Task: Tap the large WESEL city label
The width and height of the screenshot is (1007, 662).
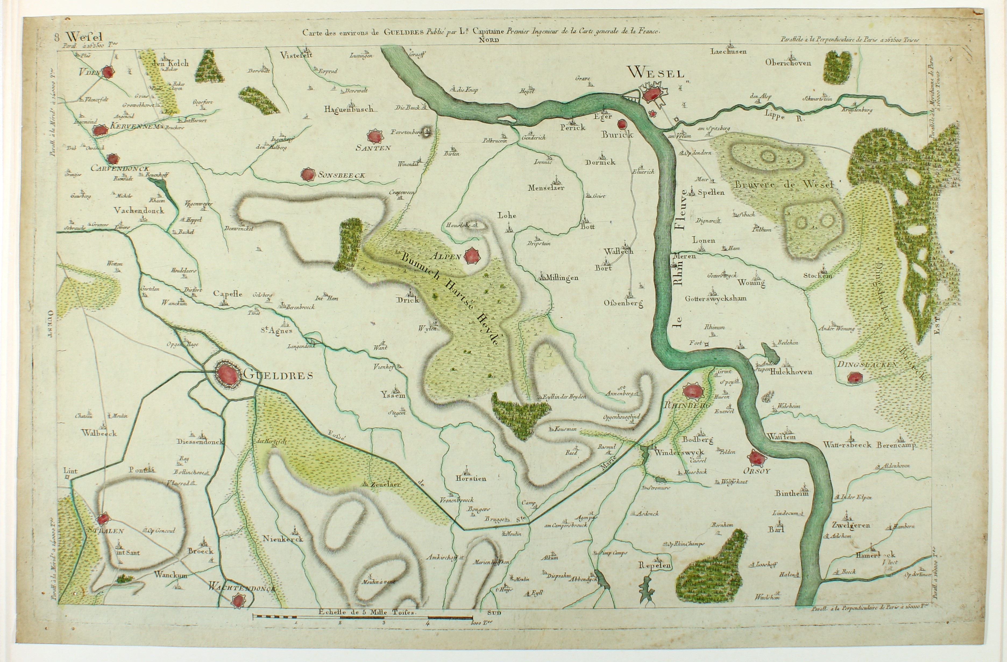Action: pos(655,73)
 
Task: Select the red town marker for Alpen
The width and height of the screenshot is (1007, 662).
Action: pos(471,256)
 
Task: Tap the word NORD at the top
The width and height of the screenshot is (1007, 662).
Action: pos(490,41)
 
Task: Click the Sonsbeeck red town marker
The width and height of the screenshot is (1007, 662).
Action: pos(308,174)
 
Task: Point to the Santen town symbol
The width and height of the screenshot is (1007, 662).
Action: pos(374,136)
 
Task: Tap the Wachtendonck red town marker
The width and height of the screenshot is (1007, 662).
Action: pos(239,600)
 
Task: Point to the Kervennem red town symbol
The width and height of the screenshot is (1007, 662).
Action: pos(100,130)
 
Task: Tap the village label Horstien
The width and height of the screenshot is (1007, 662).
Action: pos(470,478)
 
